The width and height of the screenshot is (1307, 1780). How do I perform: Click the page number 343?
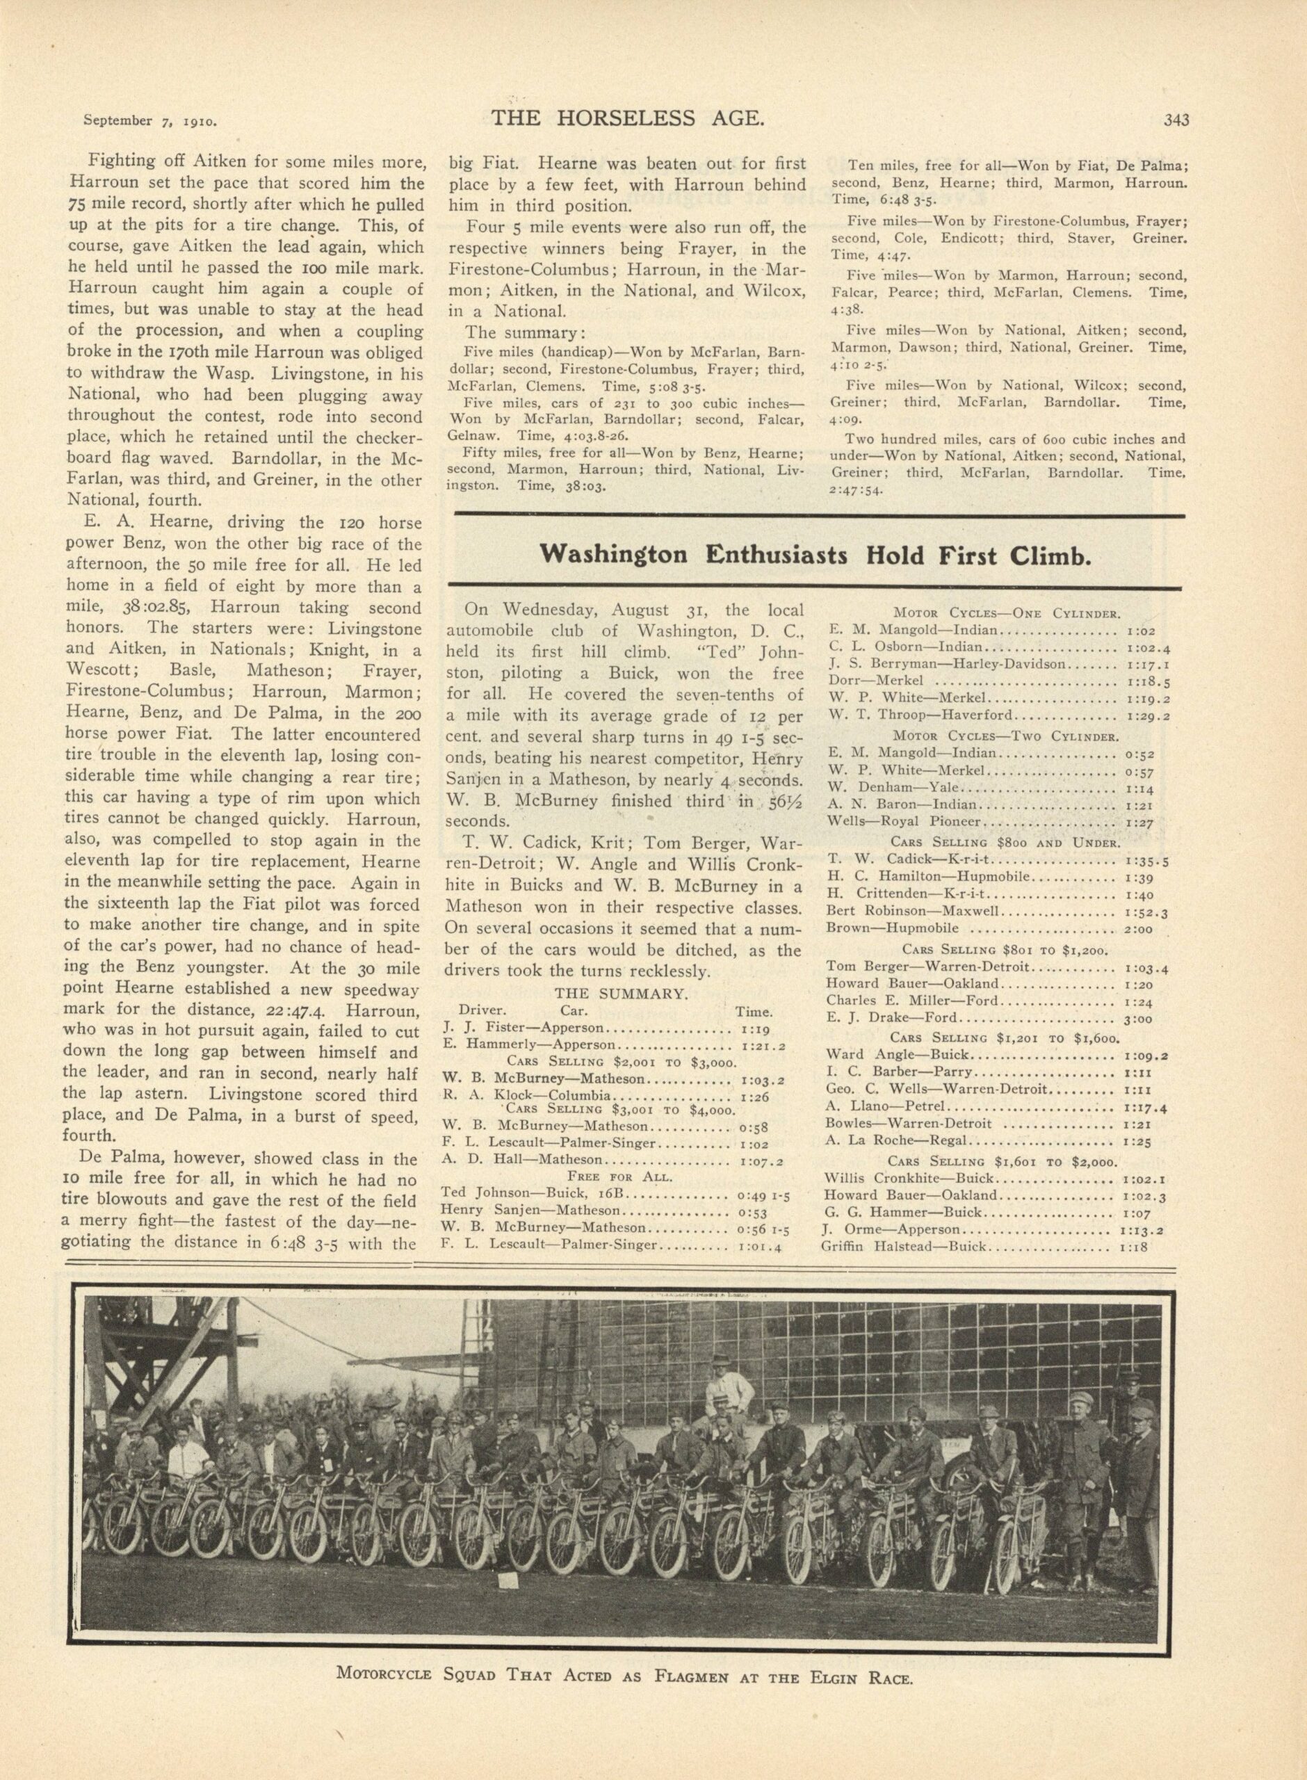(x=1176, y=120)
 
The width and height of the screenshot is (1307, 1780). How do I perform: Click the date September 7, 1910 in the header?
(x=150, y=122)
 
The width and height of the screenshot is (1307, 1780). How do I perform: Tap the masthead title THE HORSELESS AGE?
(x=627, y=119)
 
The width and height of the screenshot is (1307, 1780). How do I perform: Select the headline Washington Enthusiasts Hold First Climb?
(x=815, y=555)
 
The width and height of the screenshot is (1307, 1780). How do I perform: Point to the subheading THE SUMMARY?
(x=621, y=994)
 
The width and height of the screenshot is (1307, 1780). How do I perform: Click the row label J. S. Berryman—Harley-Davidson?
(x=948, y=665)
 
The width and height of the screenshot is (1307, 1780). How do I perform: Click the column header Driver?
(x=482, y=1011)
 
